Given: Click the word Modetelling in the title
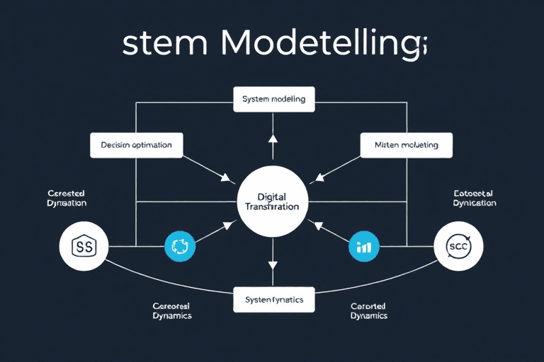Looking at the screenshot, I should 322,46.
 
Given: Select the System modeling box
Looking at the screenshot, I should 273,99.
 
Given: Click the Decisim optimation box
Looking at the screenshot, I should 136,145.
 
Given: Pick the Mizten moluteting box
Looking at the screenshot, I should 406,145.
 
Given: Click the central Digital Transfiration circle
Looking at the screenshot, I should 271,201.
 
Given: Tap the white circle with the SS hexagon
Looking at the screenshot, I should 84,247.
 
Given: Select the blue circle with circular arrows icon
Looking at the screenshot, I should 178,247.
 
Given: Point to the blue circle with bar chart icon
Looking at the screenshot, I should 364,247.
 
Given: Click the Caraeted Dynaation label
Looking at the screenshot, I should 67,197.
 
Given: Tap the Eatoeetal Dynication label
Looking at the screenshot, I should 474,197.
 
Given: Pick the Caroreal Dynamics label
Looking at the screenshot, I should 172,311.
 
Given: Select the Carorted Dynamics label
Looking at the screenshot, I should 368,311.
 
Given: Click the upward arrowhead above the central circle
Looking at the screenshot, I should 273,138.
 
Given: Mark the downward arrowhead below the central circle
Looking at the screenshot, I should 273,265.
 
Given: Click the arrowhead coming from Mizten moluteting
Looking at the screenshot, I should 317,178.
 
